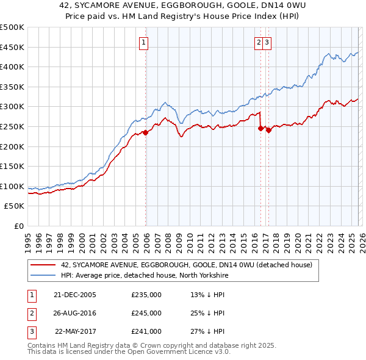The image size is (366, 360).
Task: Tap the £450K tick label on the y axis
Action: (x=12, y=47)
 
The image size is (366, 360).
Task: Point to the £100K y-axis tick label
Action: (x=12, y=186)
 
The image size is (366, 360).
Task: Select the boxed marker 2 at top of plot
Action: (x=259, y=42)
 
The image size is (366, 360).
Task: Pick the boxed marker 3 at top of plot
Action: (x=268, y=42)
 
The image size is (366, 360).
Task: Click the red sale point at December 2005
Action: (x=146, y=132)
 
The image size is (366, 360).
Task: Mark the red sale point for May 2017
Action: (x=268, y=130)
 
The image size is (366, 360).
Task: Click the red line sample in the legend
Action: (x=43, y=265)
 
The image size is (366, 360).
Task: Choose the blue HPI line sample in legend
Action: (x=43, y=275)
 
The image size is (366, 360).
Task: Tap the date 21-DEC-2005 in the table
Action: (x=75, y=294)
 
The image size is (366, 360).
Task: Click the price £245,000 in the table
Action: (x=146, y=313)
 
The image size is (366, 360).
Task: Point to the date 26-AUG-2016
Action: (x=75, y=313)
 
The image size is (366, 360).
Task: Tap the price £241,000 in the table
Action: (x=146, y=331)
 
